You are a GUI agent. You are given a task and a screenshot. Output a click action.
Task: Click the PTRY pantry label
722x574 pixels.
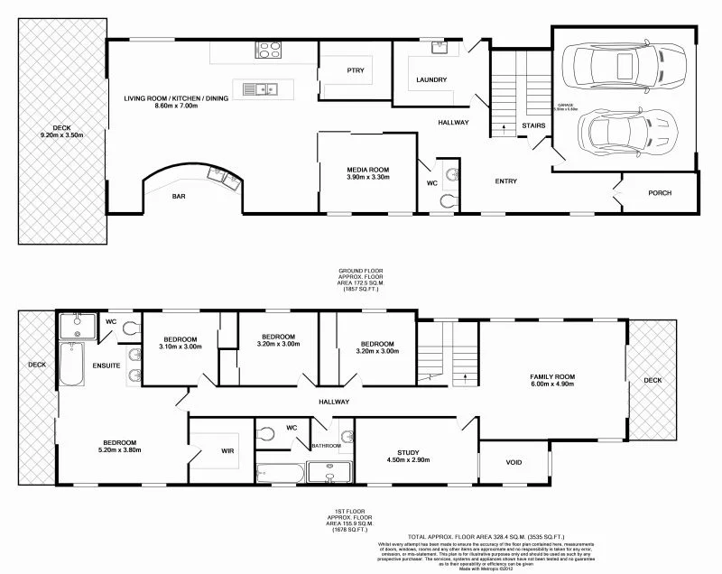click(x=355, y=70)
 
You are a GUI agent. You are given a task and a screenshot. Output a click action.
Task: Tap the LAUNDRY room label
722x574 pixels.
click(x=431, y=80)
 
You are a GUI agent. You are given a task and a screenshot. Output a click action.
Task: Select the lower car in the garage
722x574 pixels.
click(x=625, y=131)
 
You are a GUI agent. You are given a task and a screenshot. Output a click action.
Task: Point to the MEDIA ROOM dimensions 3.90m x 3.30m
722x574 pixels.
click(x=367, y=178)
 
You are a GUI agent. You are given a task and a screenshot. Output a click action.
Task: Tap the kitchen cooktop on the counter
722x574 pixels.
click(x=269, y=51)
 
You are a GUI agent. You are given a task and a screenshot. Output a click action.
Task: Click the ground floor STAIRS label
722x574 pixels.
click(x=532, y=125)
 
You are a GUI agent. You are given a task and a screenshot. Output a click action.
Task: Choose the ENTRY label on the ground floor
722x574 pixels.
click(x=505, y=181)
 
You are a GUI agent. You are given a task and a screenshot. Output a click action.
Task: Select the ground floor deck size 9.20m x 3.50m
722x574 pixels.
click(x=61, y=134)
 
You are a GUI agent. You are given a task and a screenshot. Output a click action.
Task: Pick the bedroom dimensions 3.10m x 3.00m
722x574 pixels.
click(x=180, y=347)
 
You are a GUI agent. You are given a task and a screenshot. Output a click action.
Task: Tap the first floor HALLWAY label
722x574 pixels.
click(x=334, y=402)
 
